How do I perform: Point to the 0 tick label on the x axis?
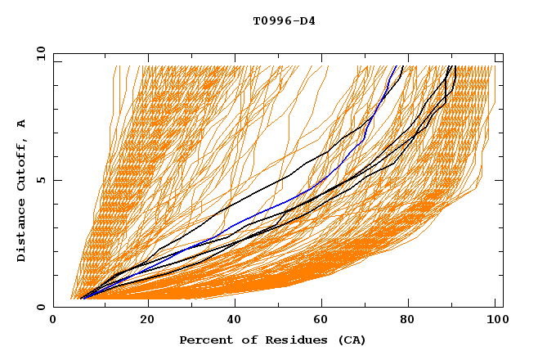pos(54,321)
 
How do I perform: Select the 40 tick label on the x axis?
pos(234,321)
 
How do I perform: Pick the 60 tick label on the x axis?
pos(323,321)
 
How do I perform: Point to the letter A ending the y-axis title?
pos(21,124)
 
